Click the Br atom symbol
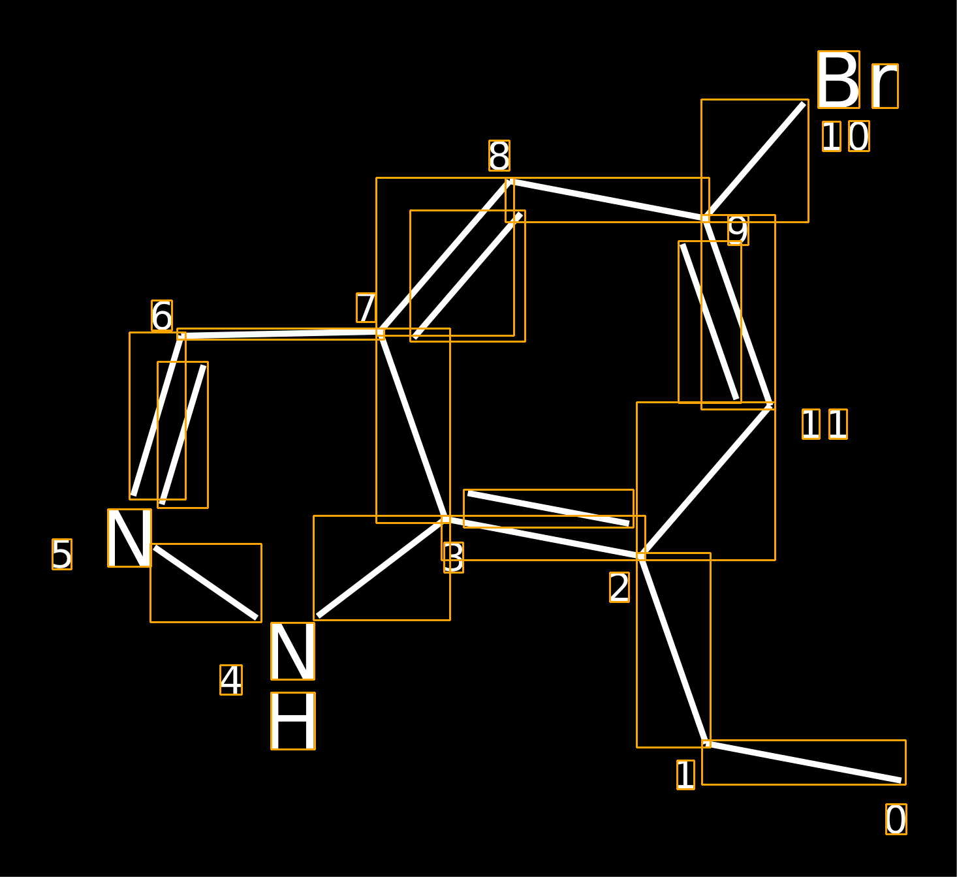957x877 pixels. [858, 80]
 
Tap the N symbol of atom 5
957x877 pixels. [129, 538]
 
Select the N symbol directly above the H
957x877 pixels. [292, 651]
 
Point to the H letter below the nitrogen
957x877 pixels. [293, 720]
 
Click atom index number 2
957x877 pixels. [620, 587]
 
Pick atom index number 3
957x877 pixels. [453, 557]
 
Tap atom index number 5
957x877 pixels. [62, 554]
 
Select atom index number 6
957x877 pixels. [162, 315]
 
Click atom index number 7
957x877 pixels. [366, 307]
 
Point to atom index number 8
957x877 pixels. [499, 155]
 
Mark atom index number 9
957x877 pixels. [738, 230]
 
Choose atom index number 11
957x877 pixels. [824, 424]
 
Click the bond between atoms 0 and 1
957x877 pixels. [804, 762]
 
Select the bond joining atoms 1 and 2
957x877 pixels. [674, 650]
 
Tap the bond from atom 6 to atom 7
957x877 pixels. [281, 334]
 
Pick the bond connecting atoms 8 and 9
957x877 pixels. [607, 200]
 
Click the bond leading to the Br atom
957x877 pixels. [755, 161]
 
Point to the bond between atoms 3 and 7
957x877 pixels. [413, 426]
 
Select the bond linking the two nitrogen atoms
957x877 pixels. [206, 583]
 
